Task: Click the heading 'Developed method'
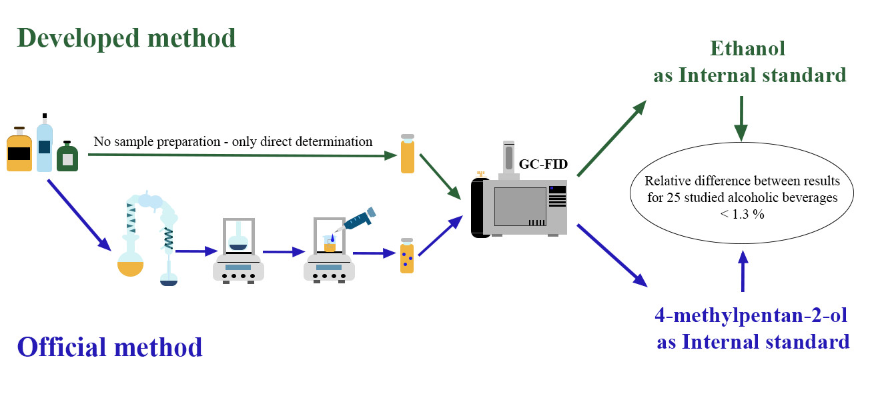tap(126, 38)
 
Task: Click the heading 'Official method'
tap(109, 347)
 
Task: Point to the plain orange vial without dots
tap(407, 155)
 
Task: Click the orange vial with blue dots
tap(406, 256)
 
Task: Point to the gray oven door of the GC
tap(520, 207)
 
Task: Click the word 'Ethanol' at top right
tap(747, 49)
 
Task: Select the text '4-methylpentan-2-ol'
tap(753, 315)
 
